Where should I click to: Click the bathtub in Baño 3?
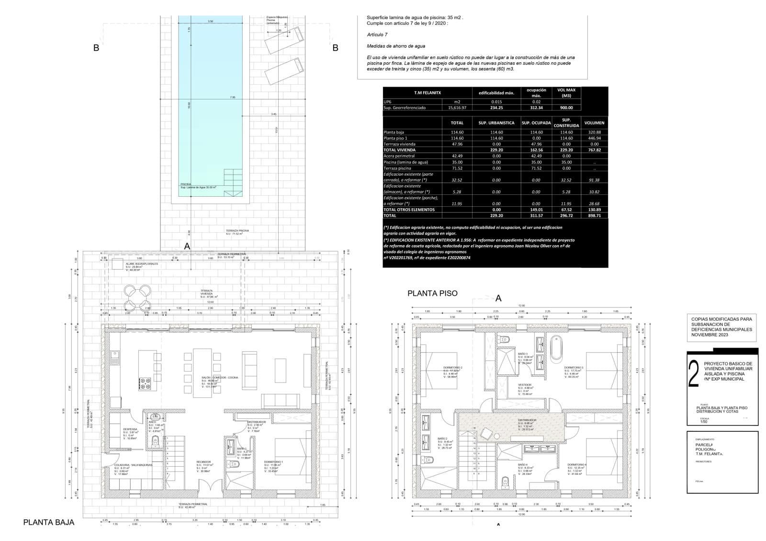[x=555, y=348]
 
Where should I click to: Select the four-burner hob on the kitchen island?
[x=145, y=383]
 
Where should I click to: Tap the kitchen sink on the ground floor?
[x=115, y=357]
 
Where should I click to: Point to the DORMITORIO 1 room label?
[x=273, y=462]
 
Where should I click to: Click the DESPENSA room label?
[x=130, y=429]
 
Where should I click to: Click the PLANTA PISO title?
[x=432, y=293]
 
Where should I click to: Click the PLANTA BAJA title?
[x=49, y=522]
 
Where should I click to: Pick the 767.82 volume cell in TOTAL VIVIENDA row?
[x=594, y=150]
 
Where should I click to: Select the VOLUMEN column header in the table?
[x=594, y=123]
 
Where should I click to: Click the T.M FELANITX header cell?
[x=427, y=92]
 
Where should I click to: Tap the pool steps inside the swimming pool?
[x=234, y=182]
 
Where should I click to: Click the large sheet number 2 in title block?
[x=693, y=374]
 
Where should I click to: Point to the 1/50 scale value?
[x=704, y=422]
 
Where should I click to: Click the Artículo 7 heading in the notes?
[x=377, y=34]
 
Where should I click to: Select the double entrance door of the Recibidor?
[x=207, y=488]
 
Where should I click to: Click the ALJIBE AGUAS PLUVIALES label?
[x=142, y=264]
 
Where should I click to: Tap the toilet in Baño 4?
[x=505, y=481]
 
